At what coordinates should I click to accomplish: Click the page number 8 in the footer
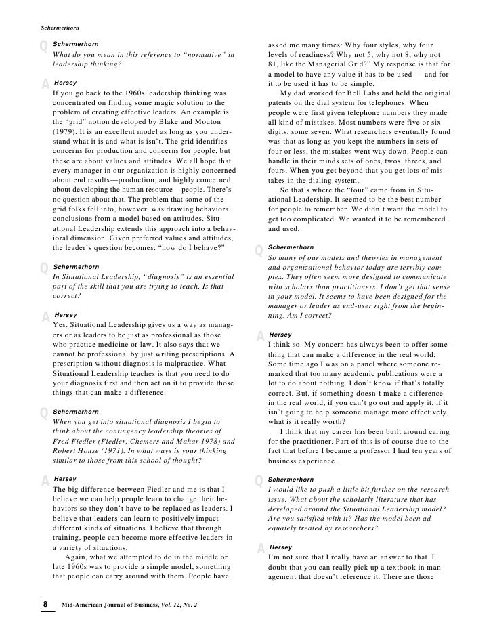(45, 603)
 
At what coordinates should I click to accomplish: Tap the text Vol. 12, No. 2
(186, 603)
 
